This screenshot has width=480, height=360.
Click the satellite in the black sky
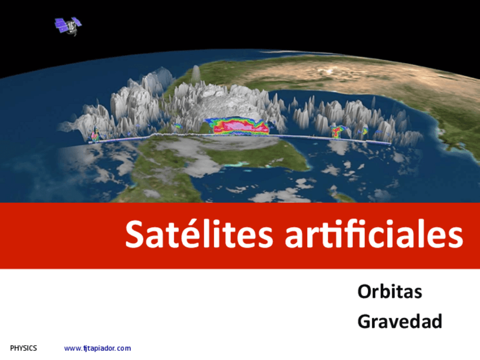click(x=68, y=26)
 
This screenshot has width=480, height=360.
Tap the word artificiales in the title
click(x=374, y=234)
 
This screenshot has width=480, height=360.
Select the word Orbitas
click(x=389, y=292)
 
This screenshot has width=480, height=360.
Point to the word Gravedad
click(x=400, y=322)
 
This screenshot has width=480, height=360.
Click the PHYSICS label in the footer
click(x=24, y=348)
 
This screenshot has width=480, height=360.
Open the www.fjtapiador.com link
click(x=97, y=348)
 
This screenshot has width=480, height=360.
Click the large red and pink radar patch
click(x=237, y=126)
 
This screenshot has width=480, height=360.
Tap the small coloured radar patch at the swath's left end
click(x=96, y=135)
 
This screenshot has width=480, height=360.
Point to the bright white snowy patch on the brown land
click(x=329, y=72)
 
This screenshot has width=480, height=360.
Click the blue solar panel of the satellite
click(x=61, y=25)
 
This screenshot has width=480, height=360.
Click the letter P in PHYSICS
click(x=12, y=348)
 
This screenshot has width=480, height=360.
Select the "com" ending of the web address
click(x=123, y=348)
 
